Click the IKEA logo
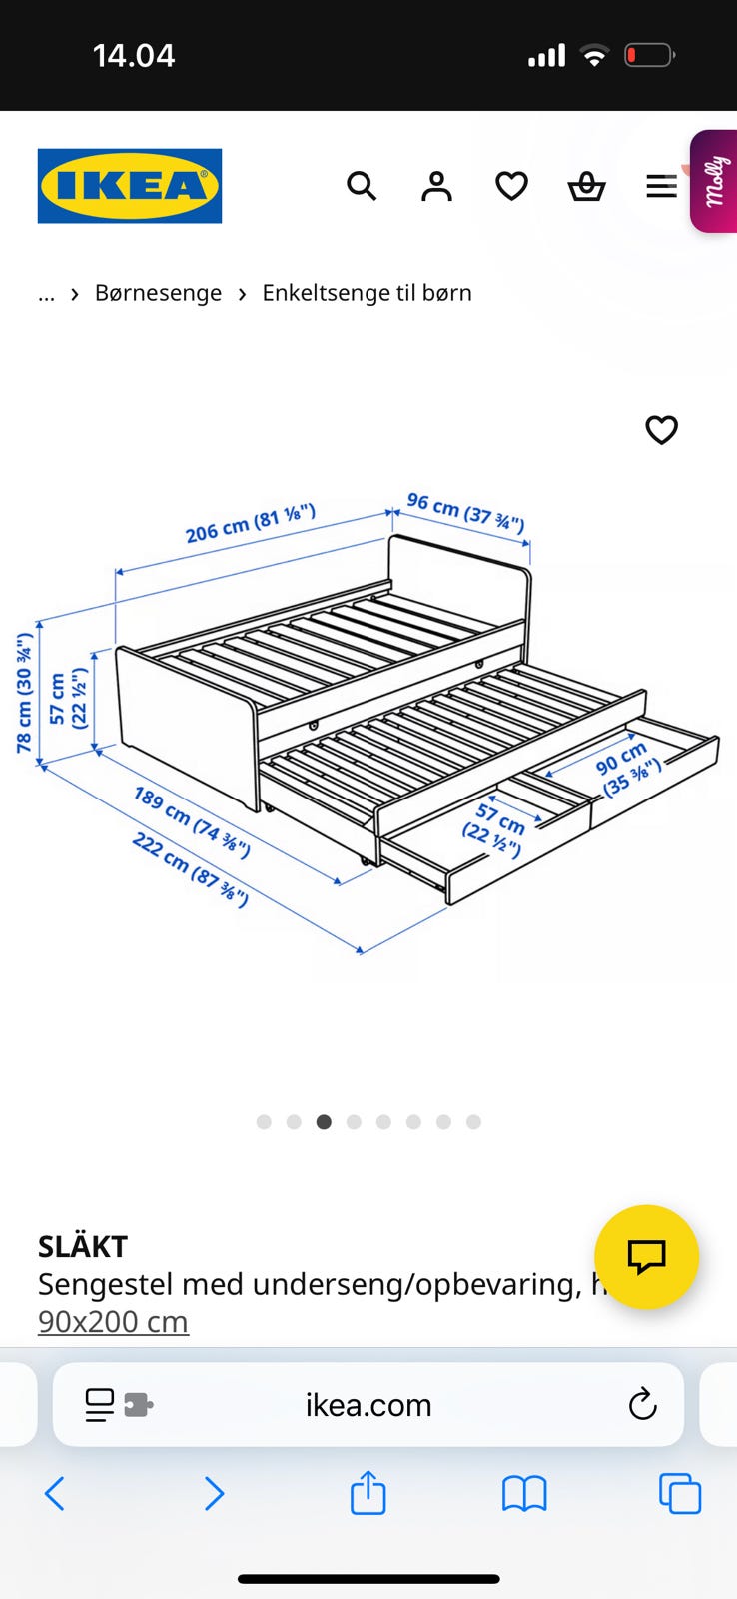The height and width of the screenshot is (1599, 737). [130, 186]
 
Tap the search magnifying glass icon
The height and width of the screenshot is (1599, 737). [362, 186]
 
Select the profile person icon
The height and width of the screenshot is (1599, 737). [436, 186]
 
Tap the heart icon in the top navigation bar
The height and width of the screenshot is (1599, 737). [511, 186]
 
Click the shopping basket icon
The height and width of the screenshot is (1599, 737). [586, 186]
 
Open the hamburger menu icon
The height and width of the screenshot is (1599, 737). [661, 186]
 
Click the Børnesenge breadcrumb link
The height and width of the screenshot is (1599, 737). [159, 293]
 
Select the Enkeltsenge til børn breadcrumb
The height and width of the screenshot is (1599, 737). [367, 293]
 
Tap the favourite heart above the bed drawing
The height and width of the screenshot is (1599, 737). [661, 429]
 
